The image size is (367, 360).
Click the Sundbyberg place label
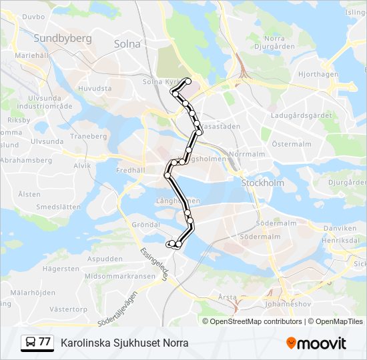63,38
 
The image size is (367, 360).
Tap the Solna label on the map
127,44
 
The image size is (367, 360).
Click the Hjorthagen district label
318,75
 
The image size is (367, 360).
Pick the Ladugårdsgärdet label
302,115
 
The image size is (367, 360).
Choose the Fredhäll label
130,170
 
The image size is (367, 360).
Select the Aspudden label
105,259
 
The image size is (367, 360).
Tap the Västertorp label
69,309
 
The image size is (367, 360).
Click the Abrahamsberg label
26,161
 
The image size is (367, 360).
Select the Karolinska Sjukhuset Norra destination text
125,343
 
